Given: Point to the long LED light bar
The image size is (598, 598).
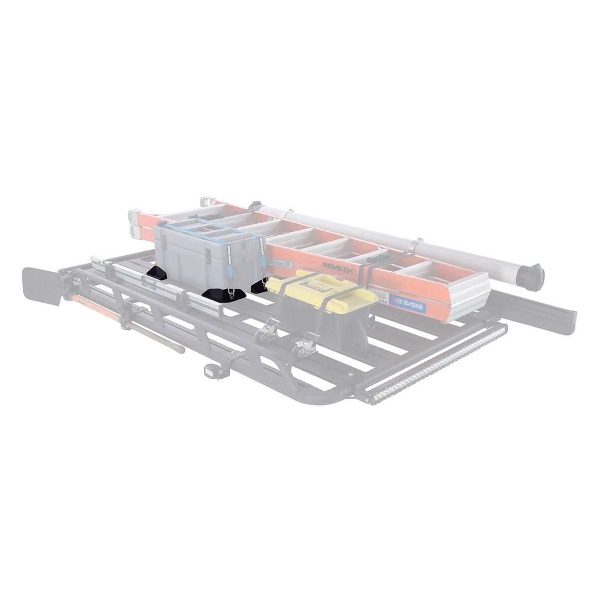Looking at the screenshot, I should (434, 359).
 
